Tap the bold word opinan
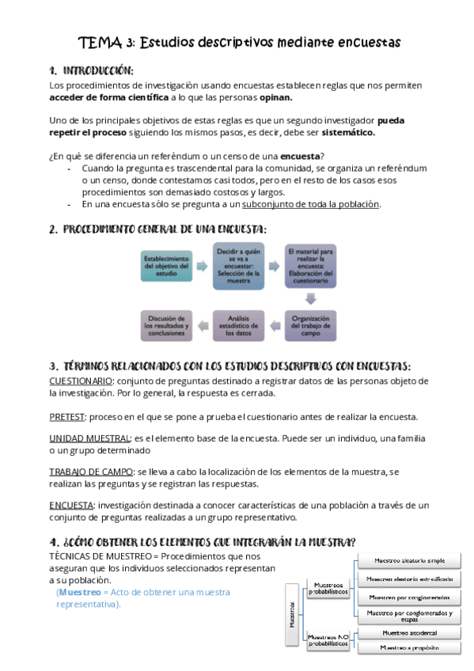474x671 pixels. [275, 97]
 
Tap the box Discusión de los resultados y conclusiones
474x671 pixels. [166, 324]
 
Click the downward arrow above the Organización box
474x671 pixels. [311, 298]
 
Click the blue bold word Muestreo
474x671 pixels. [81, 592]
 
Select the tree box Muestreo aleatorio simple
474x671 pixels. [409, 561]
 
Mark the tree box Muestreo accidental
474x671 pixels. [409, 632]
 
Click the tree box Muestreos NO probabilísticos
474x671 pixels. [327, 639]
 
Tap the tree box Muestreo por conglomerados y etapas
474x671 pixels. [409, 615]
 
